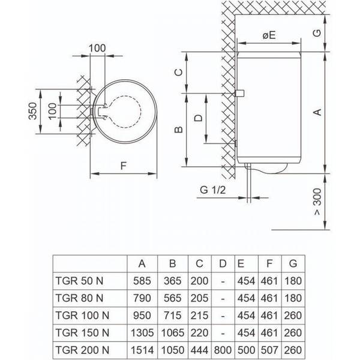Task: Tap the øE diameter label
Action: pos(268,35)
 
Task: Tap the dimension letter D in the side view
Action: pos(197,118)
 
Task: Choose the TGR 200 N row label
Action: pos(81,348)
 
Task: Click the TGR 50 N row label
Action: pos(79,281)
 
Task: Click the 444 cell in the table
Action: pos(199,348)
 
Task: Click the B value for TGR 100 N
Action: pos(172,314)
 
